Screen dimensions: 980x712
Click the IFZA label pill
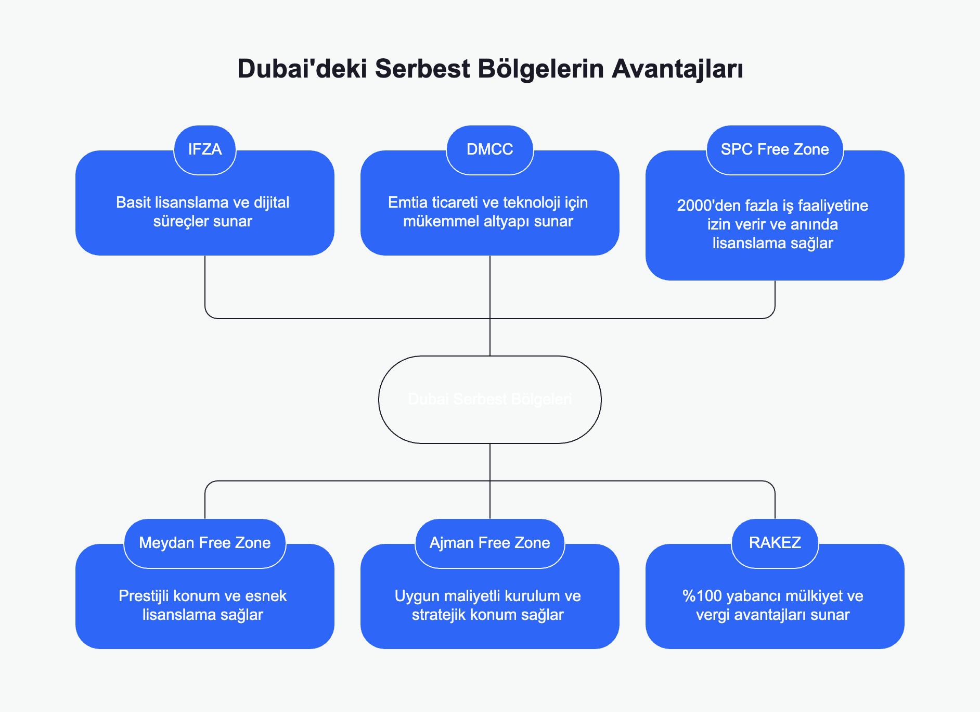205,149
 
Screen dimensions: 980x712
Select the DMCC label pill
489,149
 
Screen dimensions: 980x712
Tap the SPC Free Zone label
775,149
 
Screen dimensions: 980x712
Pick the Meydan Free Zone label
205,543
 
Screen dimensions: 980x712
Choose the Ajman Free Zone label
489,543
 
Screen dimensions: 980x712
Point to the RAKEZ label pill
775,543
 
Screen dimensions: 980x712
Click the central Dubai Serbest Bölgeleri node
489,399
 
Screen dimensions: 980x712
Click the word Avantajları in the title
677,69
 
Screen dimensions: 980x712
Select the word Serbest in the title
422,69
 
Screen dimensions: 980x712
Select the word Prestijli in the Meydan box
144,596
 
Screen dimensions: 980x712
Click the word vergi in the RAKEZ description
713,615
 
